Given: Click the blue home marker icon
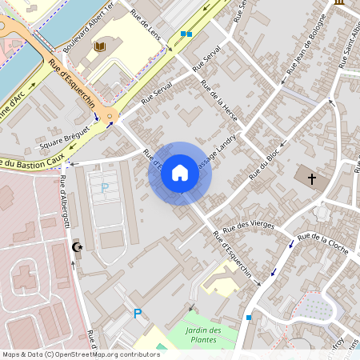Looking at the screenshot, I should click(180, 173).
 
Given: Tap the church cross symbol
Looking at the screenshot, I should click(311, 178).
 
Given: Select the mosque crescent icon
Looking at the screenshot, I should click(78, 247).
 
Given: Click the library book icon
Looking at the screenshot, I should click(99, 47).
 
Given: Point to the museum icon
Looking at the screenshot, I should click(339, 3).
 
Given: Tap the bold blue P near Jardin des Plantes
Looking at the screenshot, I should click(137, 314).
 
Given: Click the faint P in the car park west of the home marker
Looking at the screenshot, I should click(105, 188).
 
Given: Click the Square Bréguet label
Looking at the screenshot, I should click(63, 142).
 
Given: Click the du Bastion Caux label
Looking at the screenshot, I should click(32, 162).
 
